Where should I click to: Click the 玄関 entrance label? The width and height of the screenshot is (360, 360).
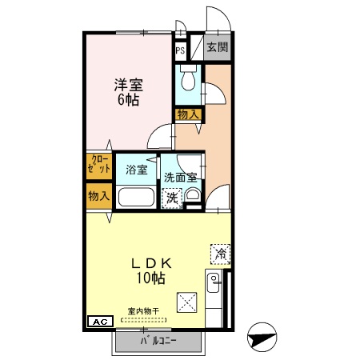216,47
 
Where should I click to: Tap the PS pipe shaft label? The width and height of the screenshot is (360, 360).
181,49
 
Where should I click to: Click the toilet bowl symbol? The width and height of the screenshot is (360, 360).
188,81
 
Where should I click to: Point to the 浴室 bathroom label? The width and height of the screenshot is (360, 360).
136,170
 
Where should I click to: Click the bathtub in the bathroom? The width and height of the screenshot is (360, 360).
136,198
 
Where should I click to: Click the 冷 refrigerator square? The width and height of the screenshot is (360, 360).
219,254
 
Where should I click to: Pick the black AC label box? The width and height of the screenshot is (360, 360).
100,322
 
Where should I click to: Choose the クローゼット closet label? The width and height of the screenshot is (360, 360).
99,166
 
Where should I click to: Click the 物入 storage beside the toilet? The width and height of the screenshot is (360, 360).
189,115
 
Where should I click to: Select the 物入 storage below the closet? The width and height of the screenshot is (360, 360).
99,196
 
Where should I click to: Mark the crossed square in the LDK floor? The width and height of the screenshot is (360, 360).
187,301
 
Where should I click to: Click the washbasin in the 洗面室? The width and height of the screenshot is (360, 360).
192,196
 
